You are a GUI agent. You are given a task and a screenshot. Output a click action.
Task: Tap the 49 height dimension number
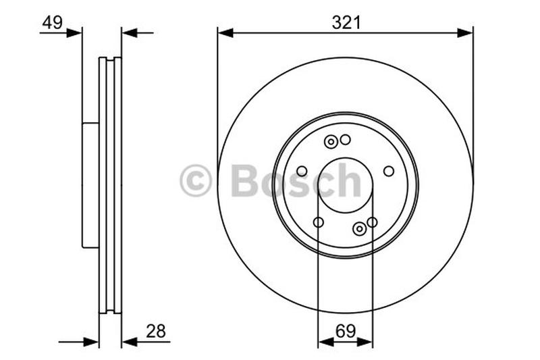click(52, 22)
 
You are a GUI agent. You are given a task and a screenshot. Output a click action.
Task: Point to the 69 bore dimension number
click(345, 331)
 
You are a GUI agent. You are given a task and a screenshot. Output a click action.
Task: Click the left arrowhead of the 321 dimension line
click(225, 32)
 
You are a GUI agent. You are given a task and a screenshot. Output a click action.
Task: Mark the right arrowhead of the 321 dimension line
click(465, 32)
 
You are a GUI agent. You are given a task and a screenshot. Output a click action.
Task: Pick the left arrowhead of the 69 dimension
click(325, 342)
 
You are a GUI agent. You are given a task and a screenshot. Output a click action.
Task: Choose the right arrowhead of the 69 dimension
click(365, 342)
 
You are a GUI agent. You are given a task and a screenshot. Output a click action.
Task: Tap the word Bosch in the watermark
click(296, 181)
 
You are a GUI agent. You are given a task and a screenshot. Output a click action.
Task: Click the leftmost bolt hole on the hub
click(302, 171)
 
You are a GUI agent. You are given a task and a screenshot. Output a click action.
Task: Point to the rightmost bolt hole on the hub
click(389, 171)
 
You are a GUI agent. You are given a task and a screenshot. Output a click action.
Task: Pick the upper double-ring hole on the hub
click(331, 142)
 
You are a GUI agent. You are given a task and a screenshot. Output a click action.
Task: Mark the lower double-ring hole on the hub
click(360, 229)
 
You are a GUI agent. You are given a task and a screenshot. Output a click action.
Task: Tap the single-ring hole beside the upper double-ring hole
click(345, 140)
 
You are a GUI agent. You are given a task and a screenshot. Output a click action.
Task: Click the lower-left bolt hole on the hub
click(319, 222)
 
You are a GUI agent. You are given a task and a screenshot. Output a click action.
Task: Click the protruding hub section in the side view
click(90, 185)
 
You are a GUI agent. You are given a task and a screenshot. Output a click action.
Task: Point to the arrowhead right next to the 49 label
click(75, 32)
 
